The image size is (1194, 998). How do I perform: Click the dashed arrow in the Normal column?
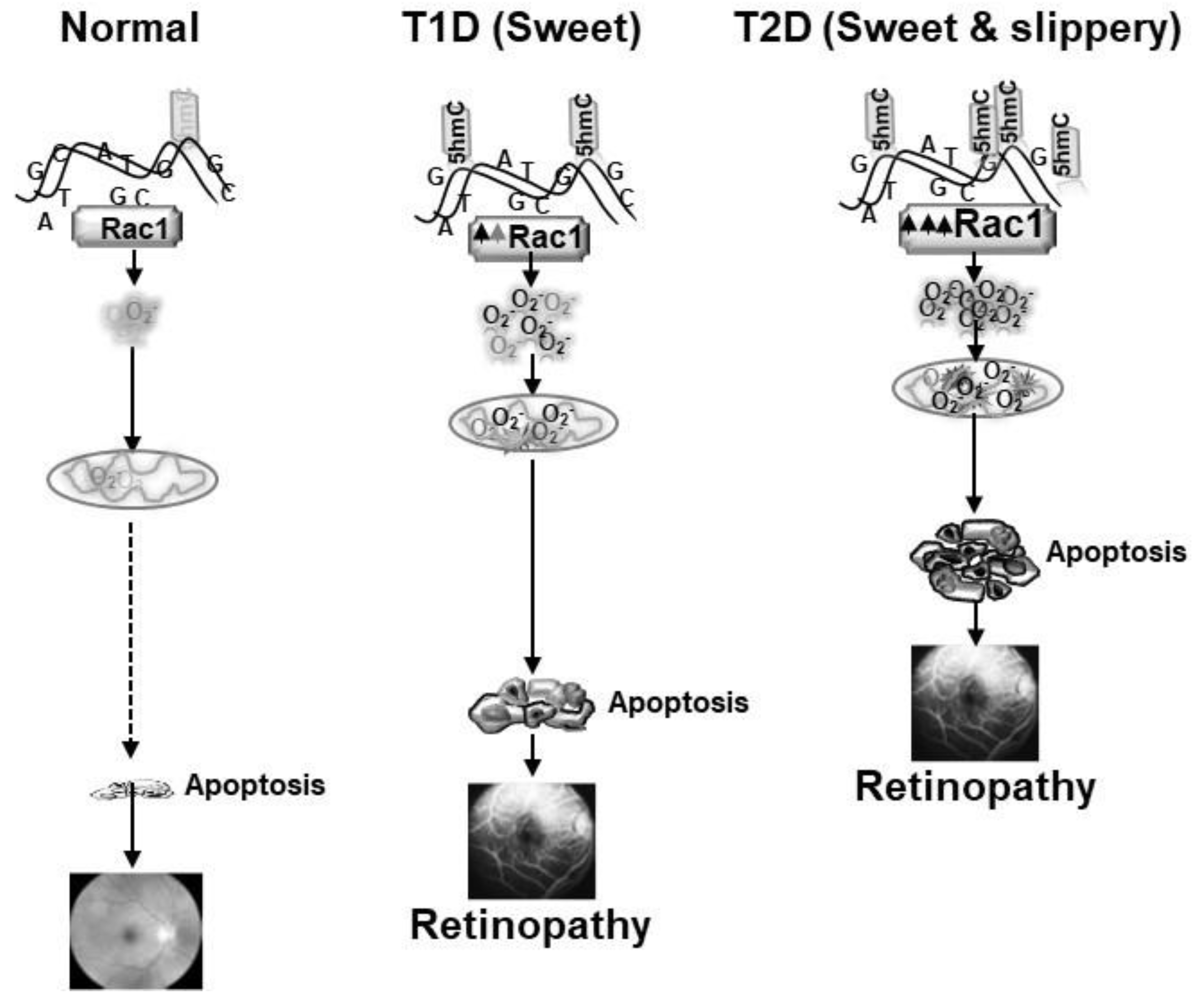(x=131, y=637)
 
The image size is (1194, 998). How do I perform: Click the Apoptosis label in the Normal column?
(x=255, y=786)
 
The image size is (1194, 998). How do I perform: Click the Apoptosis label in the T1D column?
(x=678, y=703)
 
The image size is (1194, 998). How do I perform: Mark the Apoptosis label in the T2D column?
(x=1116, y=552)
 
